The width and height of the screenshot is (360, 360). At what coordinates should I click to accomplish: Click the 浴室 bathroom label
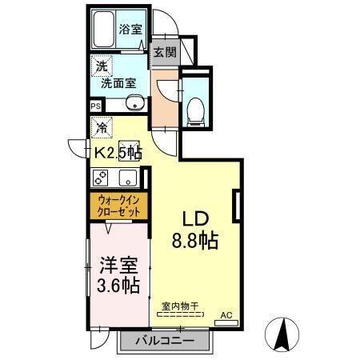130,29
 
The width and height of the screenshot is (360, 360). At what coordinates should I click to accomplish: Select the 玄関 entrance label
166,54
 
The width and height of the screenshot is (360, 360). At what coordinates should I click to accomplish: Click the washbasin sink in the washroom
134,103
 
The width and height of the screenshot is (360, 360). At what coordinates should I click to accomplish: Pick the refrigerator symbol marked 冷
102,127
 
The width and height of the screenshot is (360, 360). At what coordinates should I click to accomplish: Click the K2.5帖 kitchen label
118,151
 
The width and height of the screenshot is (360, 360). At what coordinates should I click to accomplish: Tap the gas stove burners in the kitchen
101,178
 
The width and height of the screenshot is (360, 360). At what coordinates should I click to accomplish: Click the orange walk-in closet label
118,206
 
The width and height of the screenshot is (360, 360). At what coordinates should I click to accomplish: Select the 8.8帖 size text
195,240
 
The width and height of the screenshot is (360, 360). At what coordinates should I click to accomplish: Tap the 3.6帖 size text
118,285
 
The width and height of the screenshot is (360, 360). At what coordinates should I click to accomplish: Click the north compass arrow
283,334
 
